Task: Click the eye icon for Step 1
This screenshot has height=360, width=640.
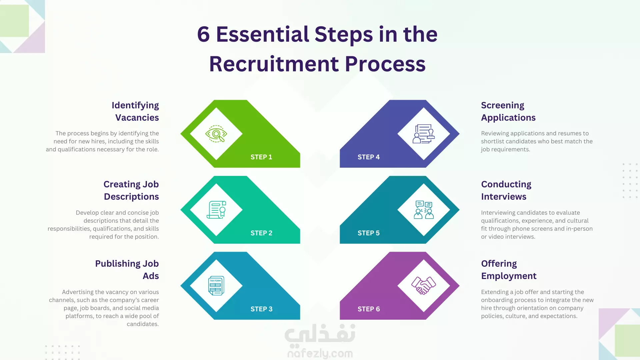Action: [216, 134]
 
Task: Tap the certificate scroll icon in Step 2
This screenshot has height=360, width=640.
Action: [216, 210]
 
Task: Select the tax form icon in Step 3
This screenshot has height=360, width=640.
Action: [216, 286]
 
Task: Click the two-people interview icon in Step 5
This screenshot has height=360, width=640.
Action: [424, 210]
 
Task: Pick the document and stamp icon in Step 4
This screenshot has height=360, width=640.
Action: [424, 134]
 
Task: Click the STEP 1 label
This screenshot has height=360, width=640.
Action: [261, 157]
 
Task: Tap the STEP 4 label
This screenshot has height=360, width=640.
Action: [369, 157]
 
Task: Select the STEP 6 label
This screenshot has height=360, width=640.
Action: [369, 309]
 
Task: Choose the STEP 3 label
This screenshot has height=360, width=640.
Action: [261, 309]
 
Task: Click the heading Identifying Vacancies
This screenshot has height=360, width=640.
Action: [135, 111]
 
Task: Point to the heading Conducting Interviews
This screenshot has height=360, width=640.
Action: [506, 190]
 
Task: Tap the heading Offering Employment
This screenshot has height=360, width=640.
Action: [509, 270]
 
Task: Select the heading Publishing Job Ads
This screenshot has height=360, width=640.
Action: [127, 270]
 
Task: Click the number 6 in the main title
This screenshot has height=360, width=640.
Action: [203, 34]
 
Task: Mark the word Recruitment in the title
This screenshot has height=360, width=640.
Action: [274, 64]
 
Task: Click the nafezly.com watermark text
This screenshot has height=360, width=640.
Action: [320, 353]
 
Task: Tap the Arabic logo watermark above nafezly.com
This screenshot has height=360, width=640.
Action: [320, 334]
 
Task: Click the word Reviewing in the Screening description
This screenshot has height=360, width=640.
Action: [495, 133]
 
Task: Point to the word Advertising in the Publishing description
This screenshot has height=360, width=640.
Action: [78, 292]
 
